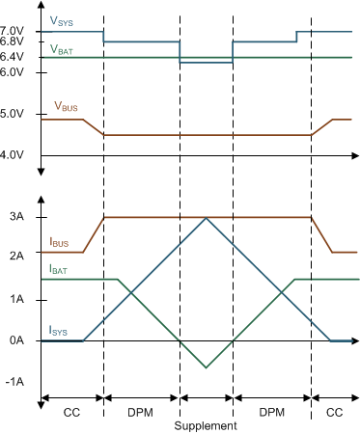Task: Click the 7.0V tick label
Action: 13,31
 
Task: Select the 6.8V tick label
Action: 13,42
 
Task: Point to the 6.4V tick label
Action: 13,58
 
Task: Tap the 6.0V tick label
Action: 13,72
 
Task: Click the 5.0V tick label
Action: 13,114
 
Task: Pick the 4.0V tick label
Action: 13,154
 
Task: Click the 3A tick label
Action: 17,217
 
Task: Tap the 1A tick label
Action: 17,299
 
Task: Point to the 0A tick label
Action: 17,340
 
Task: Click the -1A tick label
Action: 15,382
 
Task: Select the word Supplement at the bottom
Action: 206,425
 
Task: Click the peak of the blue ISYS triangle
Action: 206,218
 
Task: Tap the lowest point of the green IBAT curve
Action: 206,367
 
